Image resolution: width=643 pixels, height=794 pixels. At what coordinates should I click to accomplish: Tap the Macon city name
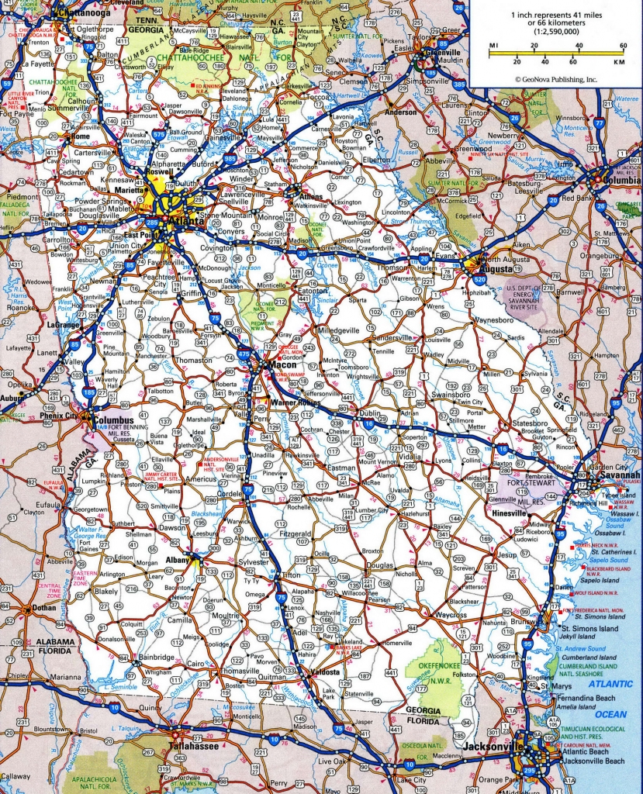278,363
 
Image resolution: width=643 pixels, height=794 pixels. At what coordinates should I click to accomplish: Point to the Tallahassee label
192,746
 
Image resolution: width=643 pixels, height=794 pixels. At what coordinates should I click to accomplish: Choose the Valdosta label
323,672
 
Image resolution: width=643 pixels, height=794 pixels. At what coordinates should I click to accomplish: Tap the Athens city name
310,197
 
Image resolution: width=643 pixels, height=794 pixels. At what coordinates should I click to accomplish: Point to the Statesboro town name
527,424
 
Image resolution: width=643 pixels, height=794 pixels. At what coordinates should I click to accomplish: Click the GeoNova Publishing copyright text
555,79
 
